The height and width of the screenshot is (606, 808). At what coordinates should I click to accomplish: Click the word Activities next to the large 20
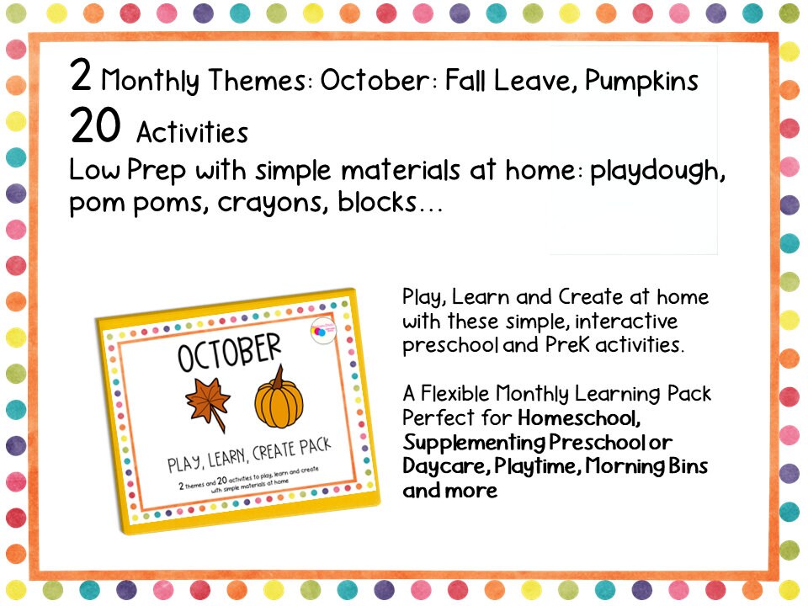tap(192, 132)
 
